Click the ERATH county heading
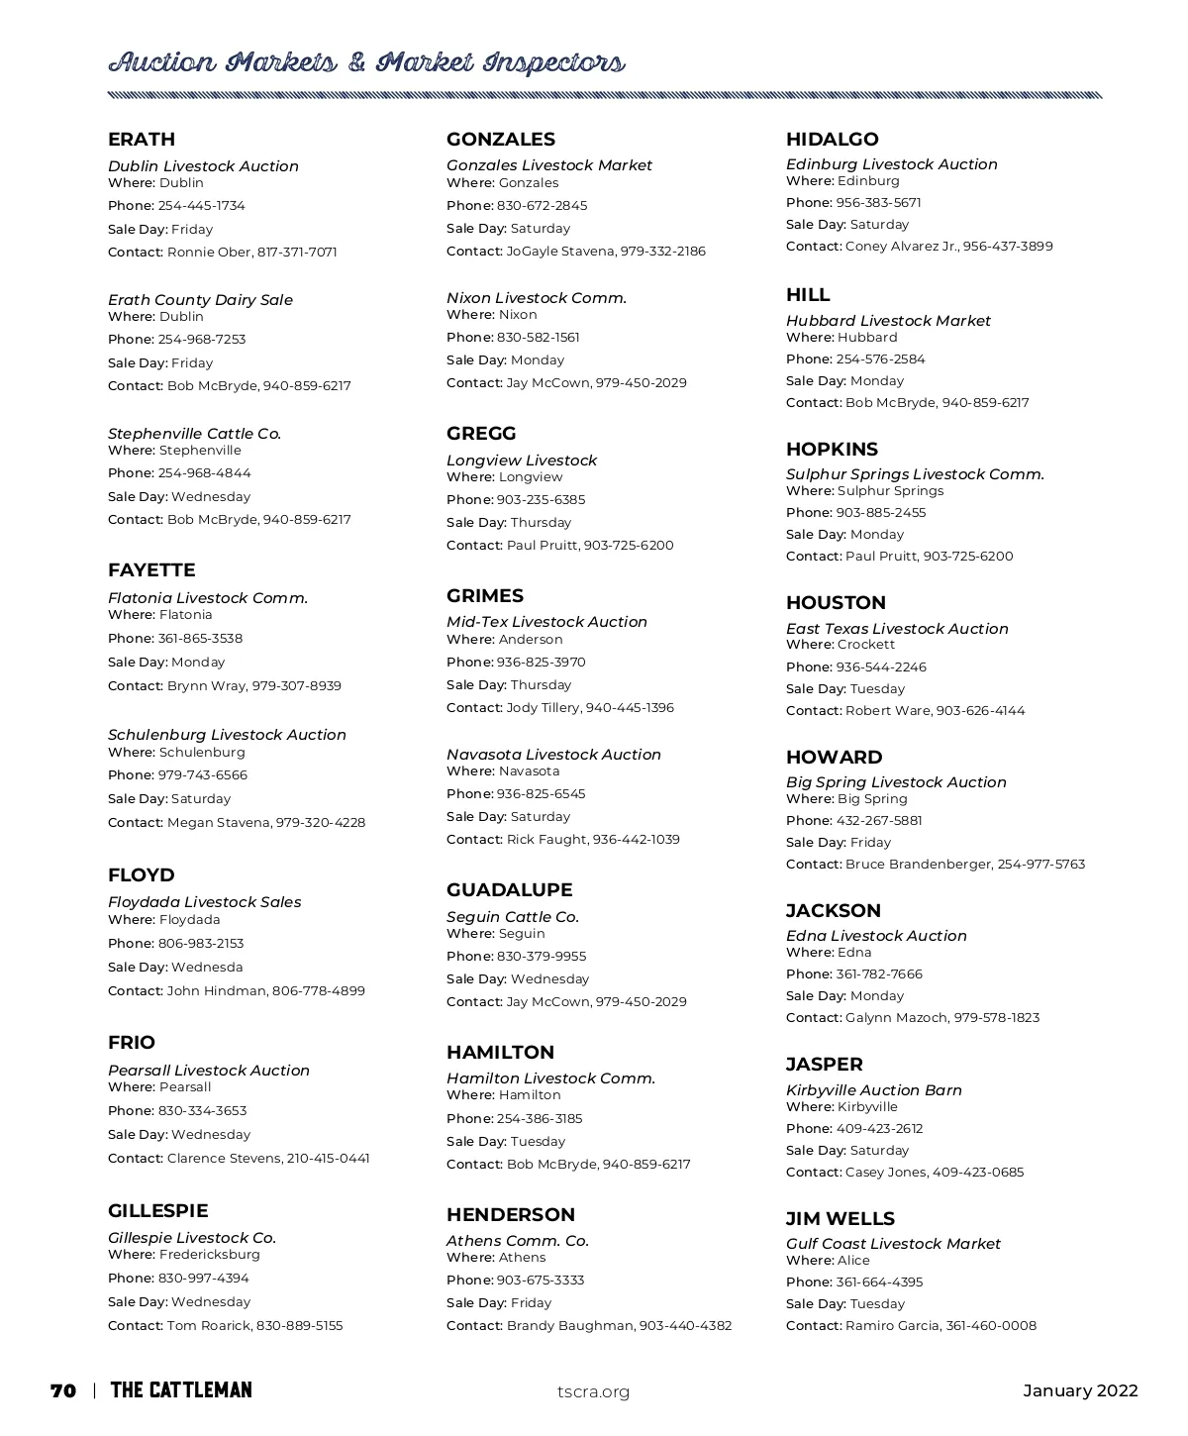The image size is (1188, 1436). coord(142,140)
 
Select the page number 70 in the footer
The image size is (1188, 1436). coord(63,1390)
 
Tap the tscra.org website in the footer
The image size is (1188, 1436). coord(593,1391)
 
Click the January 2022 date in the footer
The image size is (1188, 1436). coord(1080,1390)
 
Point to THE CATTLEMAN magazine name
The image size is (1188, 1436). coord(181,1390)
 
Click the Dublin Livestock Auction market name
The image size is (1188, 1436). coord(203,166)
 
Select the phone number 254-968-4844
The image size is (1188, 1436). coord(204,473)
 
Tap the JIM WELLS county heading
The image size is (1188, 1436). coord(840,1219)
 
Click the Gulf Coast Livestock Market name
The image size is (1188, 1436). coord(893,1244)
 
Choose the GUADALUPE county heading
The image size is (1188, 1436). coord(509,890)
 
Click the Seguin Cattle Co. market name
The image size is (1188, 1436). coord(513,917)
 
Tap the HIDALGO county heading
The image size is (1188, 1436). coord(832,140)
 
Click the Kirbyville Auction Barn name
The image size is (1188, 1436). coord(874,1090)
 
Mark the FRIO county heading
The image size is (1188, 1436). coord(132,1043)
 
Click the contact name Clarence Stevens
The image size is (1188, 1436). coord(224,1159)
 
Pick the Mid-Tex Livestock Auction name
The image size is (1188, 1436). coord(546,622)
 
